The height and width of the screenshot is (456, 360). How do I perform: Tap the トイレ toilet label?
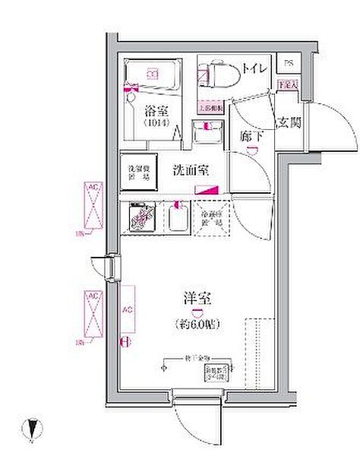[253, 69]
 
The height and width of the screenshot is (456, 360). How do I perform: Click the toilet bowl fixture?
[217, 74]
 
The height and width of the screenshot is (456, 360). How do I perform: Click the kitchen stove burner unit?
[141, 219]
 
